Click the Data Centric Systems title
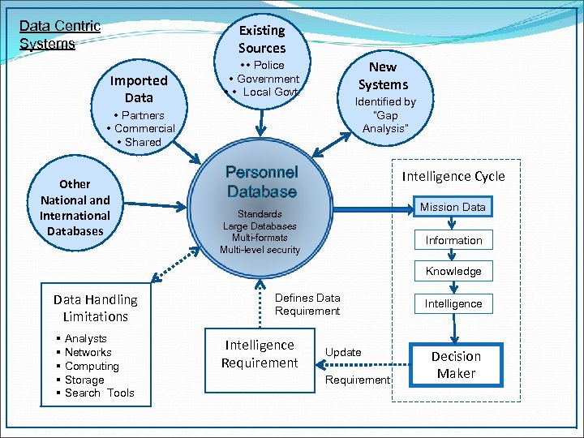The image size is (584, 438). click(x=59, y=35)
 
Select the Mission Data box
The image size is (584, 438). click(x=452, y=207)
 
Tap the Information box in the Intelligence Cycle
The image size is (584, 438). click(x=453, y=240)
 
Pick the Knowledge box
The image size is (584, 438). click(x=453, y=271)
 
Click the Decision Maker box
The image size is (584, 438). click(x=456, y=365)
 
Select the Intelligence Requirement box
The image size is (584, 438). click(x=260, y=354)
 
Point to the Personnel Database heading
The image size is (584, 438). click(x=262, y=182)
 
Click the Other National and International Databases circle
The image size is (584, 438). click(x=75, y=208)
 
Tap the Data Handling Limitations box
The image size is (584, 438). click(x=96, y=308)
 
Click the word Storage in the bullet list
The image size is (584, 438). click(x=84, y=380)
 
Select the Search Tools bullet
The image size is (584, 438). click(x=99, y=393)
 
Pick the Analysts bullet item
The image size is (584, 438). click(x=85, y=338)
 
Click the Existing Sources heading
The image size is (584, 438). click(x=261, y=39)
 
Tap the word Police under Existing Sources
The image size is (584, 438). click(x=268, y=65)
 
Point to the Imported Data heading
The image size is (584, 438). click(x=139, y=88)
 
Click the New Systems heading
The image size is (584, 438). click(x=383, y=75)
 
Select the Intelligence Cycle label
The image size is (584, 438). click(x=453, y=176)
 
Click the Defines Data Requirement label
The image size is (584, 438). click(x=307, y=304)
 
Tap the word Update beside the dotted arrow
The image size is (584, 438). click(x=343, y=352)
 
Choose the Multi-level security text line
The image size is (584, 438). click(x=260, y=250)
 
